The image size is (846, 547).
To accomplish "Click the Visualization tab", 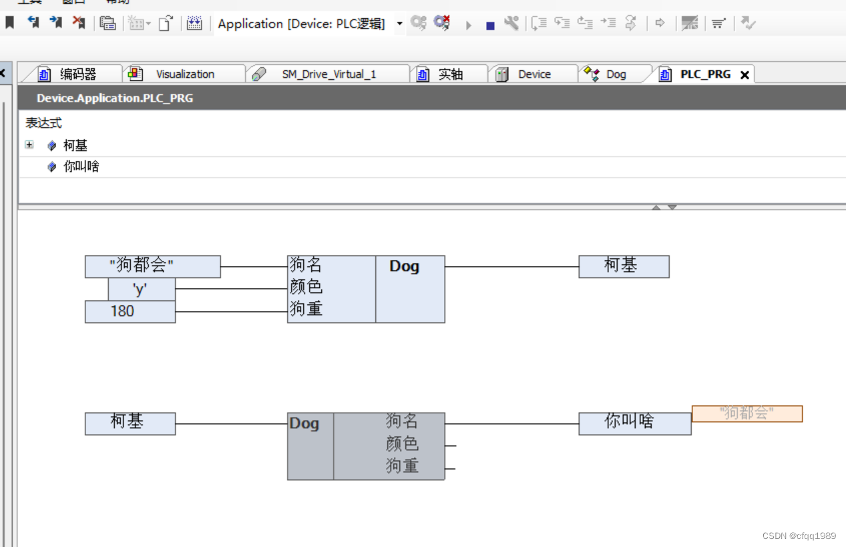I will pyautogui.click(x=184, y=74).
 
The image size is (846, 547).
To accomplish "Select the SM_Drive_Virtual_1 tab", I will pyautogui.click(x=329, y=74).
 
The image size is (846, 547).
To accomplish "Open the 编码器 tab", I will pyautogui.click(x=77, y=74).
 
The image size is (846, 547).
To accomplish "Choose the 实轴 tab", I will pyautogui.click(x=450, y=74).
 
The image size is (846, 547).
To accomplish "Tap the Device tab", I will pyautogui.click(x=534, y=74).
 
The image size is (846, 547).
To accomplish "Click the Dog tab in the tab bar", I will pyautogui.click(x=616, y=74).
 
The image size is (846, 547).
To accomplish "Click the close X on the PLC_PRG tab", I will pyautogui.click(x=745, y=75).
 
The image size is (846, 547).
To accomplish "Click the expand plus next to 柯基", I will pyautogui.click(x=29, y=145).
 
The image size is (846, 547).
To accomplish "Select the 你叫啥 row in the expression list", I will pyautogui.click(x=81, y=166).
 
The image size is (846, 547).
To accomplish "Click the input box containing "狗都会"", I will pyautogui.click(x=152, y=266).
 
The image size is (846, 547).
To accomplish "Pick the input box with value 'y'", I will pyautogui.click(x=142, y=290).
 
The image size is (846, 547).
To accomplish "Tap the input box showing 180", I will pyautogui.click(x=130, y=312).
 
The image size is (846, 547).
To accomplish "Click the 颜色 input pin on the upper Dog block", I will pyautogui.click(x=306, y=288).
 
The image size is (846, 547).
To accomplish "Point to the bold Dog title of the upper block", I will pyautogui.click(x=404, y=266).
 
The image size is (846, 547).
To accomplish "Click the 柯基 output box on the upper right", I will pyautogui.click(x=624, y=266).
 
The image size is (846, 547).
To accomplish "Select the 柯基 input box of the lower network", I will pyautogui.click(x=130, y=423).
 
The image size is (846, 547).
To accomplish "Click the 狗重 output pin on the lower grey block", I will pyautogui.click(x=402, y=466).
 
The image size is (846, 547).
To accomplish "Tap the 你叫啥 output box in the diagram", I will pyautogui.click(x=634, y=423).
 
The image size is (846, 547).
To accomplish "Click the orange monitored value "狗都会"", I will pyautogui.click(x=747, y=414).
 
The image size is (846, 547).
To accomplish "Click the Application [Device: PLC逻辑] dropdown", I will pyautogui.click(x=399, y=24).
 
